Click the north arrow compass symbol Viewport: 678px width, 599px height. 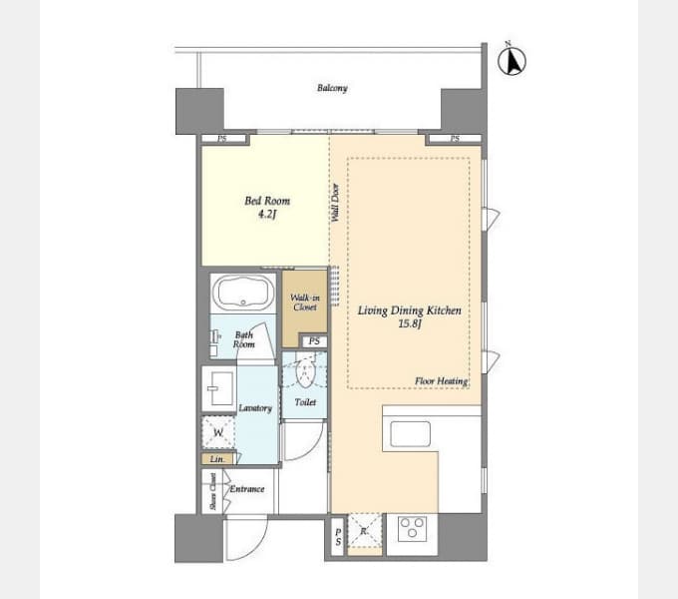(511, 60)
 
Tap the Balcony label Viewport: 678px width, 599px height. (332, 88)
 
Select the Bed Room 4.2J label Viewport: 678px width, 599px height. (267, 207)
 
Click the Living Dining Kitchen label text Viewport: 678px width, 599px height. (410, 310)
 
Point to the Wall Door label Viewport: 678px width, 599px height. (335, 203)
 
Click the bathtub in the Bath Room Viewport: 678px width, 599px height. (243, 293)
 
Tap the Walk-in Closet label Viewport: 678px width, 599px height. (305, 302)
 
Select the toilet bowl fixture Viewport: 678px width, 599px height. (305, 372)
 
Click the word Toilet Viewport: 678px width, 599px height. (305, 402)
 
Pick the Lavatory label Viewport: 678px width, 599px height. (255, 408)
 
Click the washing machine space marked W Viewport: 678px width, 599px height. (218, 432)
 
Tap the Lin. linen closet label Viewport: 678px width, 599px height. (217, 459)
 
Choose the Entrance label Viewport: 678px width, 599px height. (247, 489)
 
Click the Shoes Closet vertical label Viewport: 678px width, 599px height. (212, 491)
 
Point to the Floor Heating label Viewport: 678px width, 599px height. (441, 381)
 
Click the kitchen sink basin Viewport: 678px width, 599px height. (411, 434)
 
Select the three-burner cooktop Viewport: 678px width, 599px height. (412, 528)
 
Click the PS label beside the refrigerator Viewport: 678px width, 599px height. (338, 537)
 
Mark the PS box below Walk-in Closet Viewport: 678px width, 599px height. (314, 341)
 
